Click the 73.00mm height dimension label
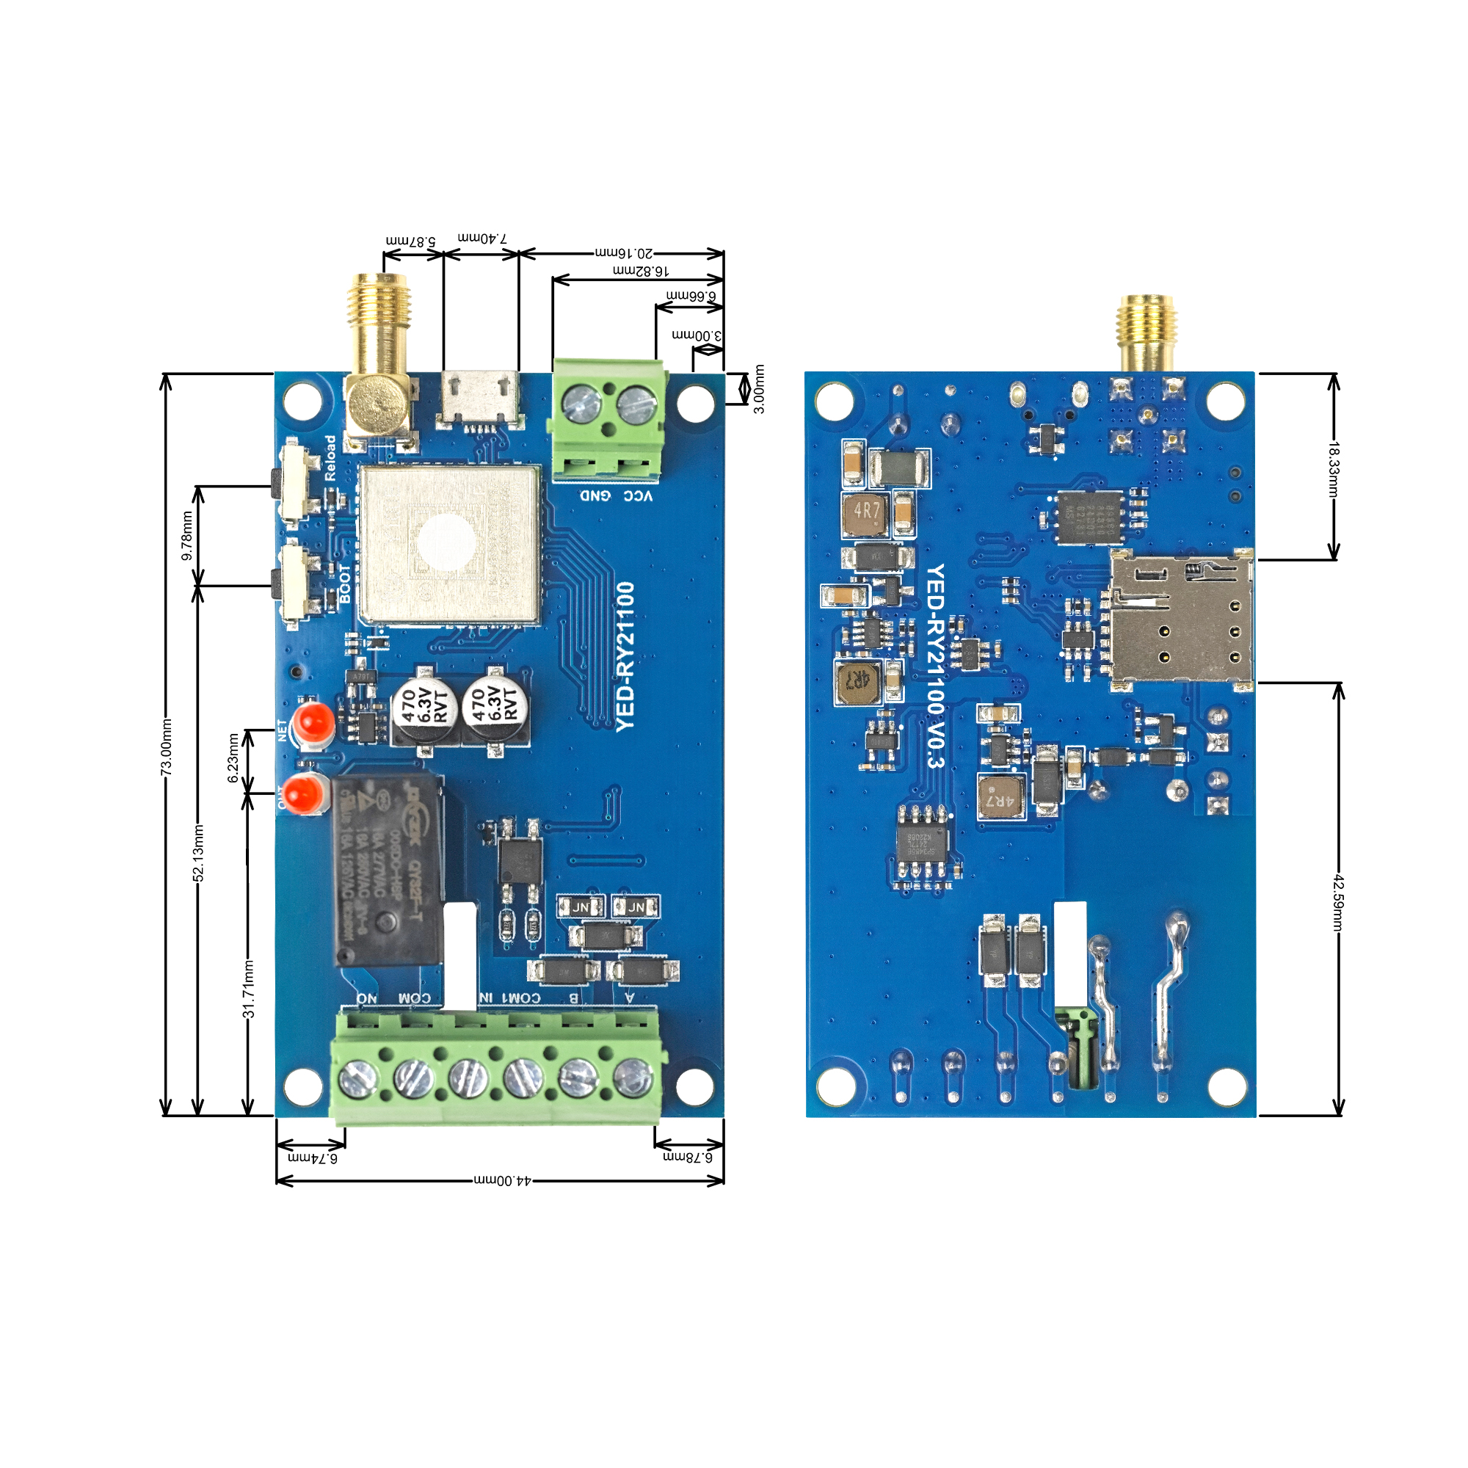(x=167, y=747)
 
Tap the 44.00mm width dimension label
(x=503, y=1181)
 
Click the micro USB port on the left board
(x=480, y=398)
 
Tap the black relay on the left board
(x=388, y=871)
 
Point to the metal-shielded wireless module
(x=450, y=545)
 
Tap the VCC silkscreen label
(x=638, y=496)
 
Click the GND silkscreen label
(x=596, y=496)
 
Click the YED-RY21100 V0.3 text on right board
(x=935, y=666)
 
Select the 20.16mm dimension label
(x=623, y=252)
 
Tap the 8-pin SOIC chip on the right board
(x=922, y=843)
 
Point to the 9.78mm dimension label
(x=187, y=536)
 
